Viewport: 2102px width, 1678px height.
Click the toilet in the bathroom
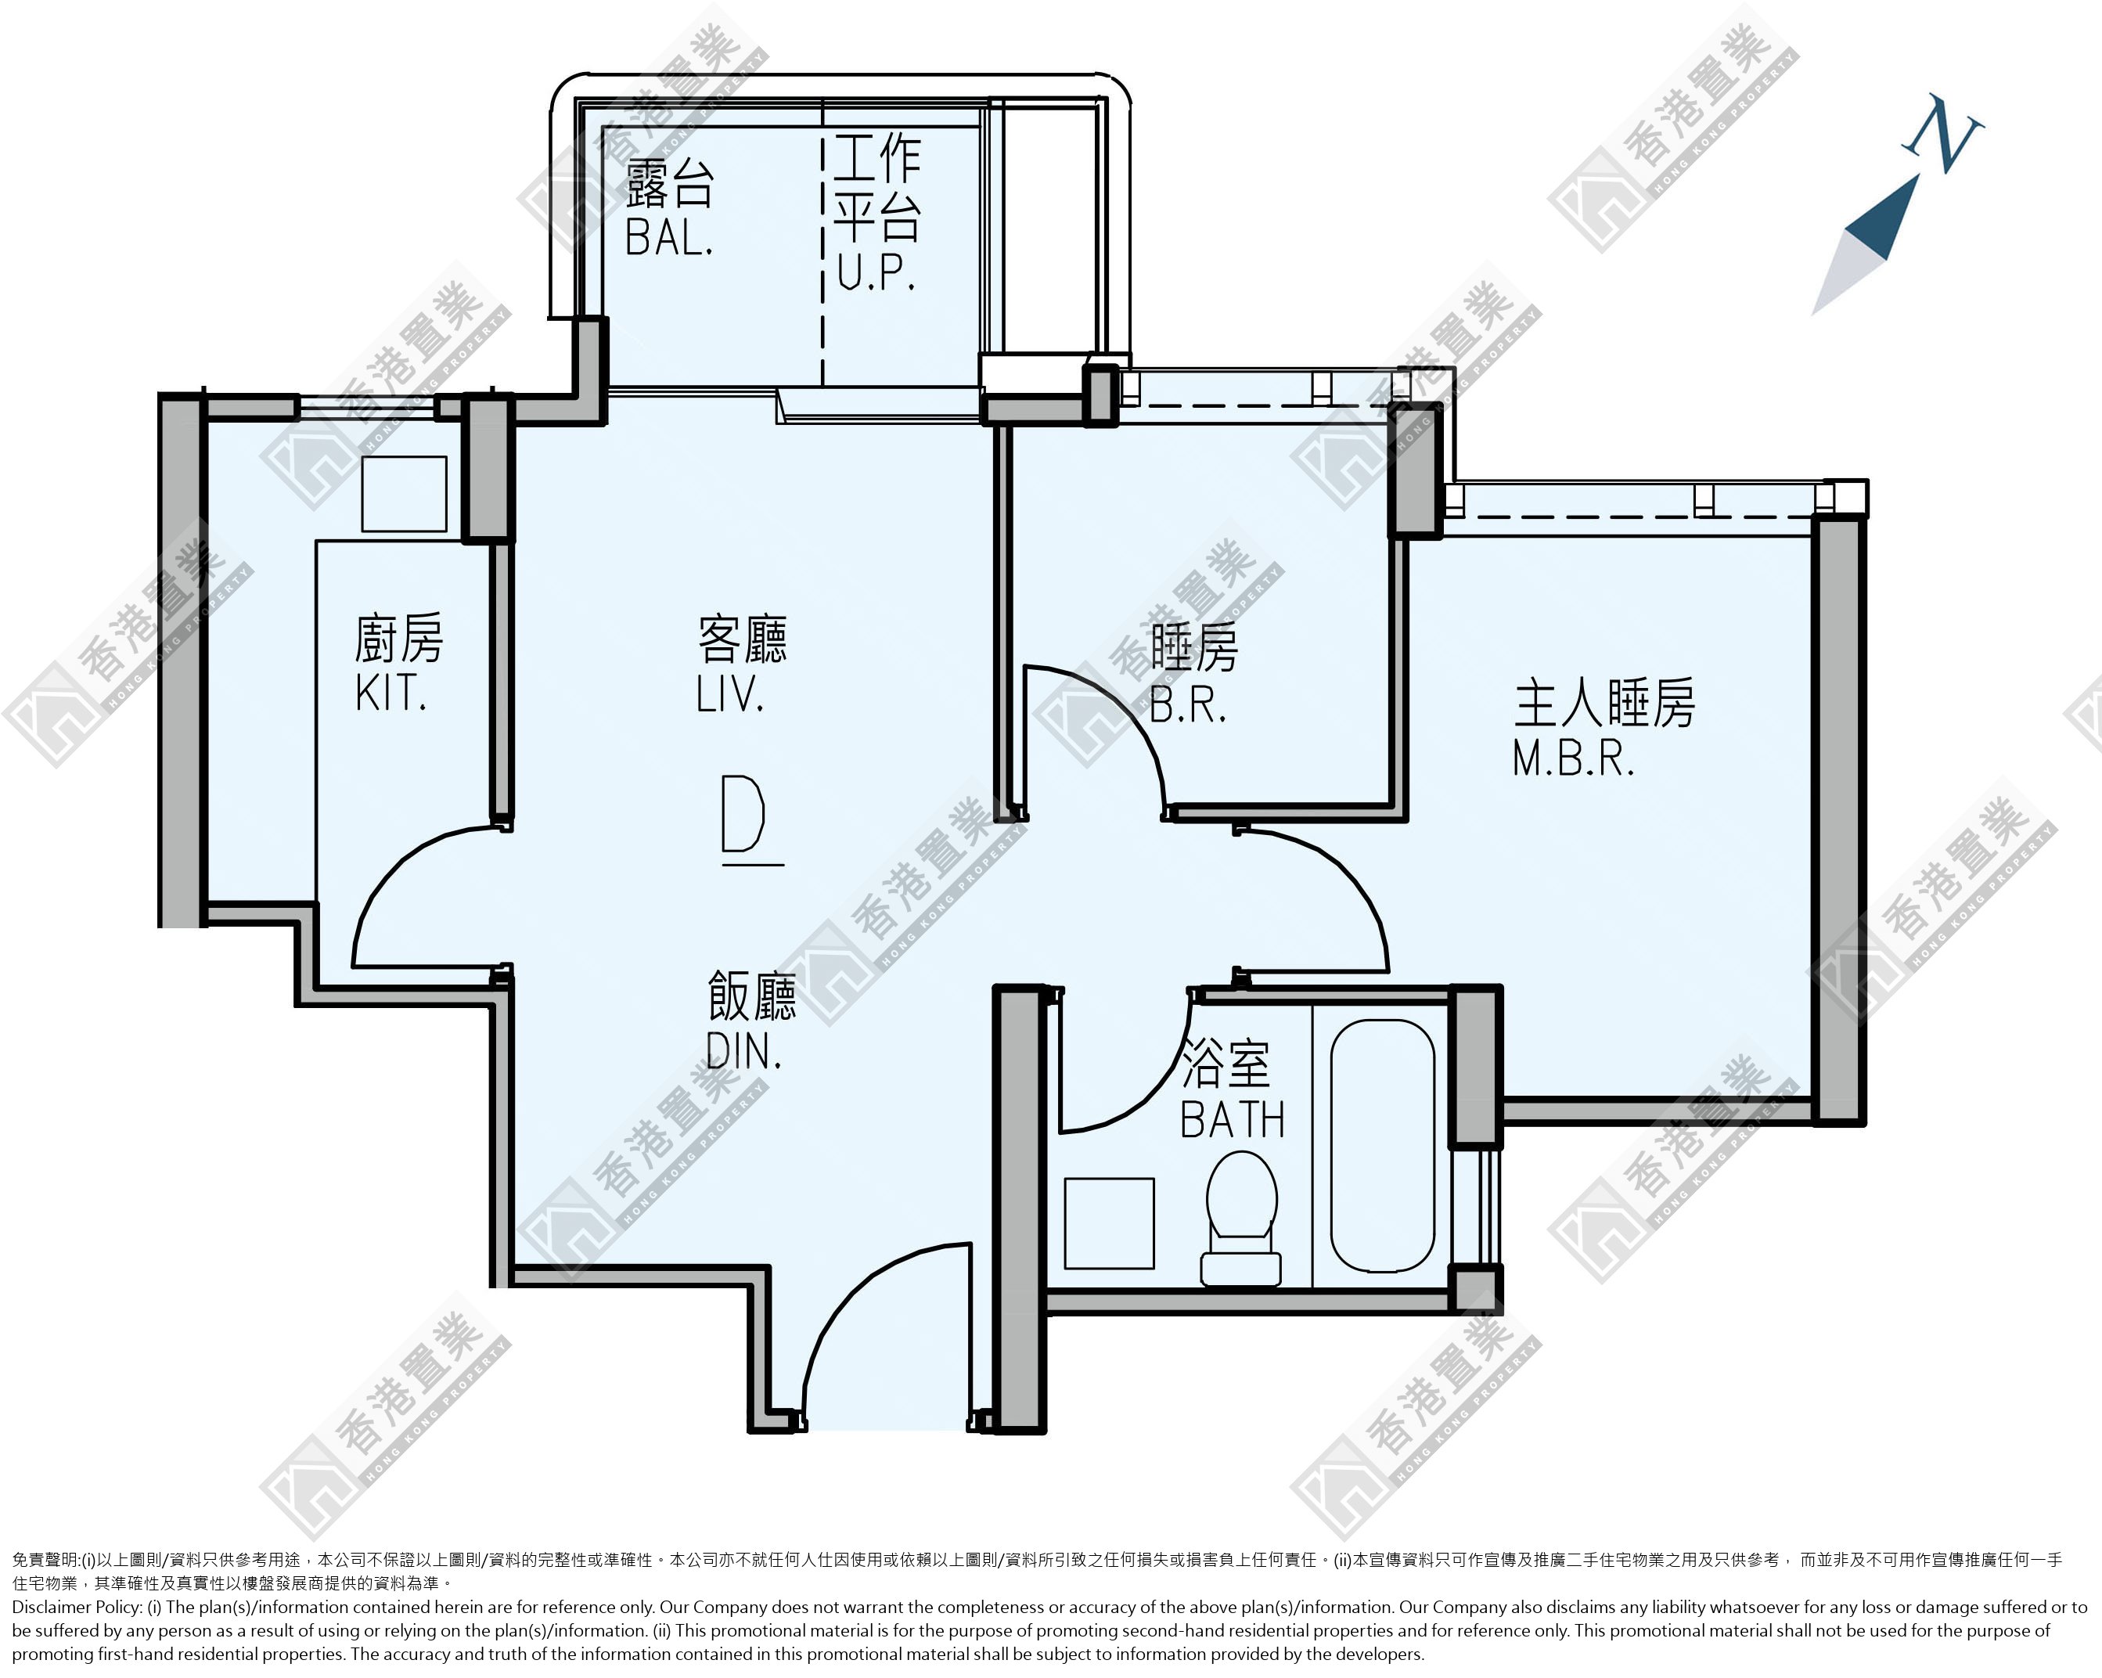[1241, 1218]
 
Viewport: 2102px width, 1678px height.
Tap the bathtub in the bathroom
[1383, 1146]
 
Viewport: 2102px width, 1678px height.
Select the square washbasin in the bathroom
[1109, 1223]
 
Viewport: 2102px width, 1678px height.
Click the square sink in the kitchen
[404, 493]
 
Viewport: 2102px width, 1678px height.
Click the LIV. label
[729, 694]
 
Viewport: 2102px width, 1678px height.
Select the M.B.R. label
[1573, 758]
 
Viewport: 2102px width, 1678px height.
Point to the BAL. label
[669, 237]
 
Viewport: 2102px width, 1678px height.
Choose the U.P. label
[876, 272]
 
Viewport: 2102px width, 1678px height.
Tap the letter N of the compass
[1942, 134]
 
